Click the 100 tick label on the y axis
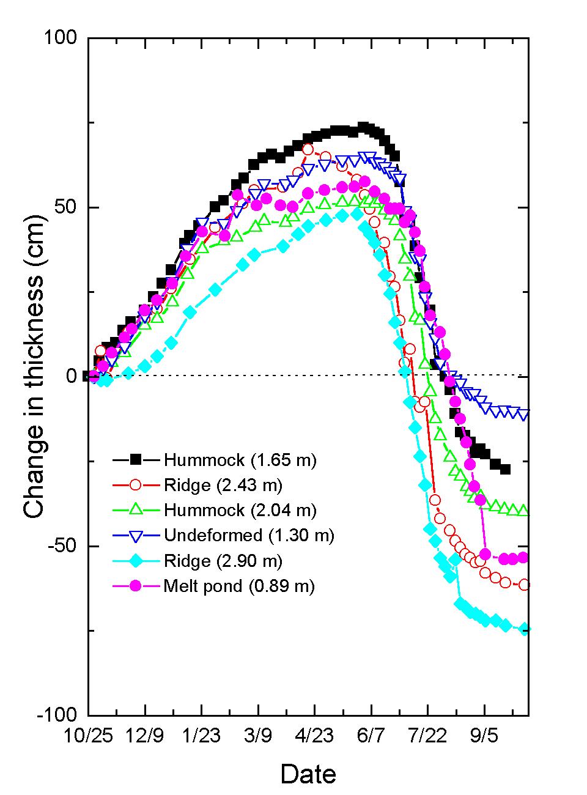(x=61, y=38)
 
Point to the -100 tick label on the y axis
(x=57, y=714)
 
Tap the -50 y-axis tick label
(x=62, y=545)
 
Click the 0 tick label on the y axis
(x=73, y=376)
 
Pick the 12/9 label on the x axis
(x=145, y=734)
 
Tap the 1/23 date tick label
(x=201, y=734)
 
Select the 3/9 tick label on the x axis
(x=258, y=734)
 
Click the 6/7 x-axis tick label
(x=371, y=734)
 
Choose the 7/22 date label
(x=427, y=734)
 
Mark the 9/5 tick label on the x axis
(x=484, y=734)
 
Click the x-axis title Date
(x=308, y=774)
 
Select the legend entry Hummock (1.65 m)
(x=240, y=459)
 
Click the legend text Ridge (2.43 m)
(x=223, y=485)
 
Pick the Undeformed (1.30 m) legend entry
(x=249, y=535)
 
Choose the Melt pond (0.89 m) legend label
(x=238, y=586)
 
